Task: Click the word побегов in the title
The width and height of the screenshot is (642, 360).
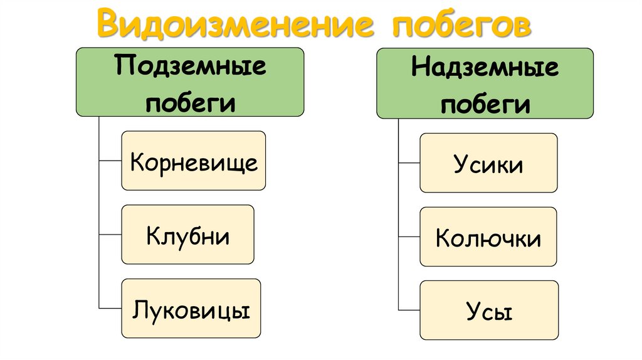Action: point(461,24)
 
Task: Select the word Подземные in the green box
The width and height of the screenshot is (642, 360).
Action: point(190,66)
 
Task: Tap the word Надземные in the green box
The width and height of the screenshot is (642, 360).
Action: point(485,68)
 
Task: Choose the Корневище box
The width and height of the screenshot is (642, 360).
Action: point(193,161)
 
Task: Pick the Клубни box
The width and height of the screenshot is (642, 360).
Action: point(187,235)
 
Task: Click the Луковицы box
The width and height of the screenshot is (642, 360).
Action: point(191,309)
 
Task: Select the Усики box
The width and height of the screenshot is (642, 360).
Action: point(488,162)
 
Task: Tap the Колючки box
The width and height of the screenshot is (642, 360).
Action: point(488,236)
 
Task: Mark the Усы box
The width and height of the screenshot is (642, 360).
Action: point(488,310)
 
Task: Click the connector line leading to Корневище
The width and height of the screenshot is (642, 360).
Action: point(110,161)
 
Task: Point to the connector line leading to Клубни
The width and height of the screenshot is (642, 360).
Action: point(110,235)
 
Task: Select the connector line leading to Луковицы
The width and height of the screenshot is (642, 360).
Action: point(110,309)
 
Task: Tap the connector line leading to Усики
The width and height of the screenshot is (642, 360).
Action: point(409,162)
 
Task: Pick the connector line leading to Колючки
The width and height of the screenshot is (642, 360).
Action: point(409,236)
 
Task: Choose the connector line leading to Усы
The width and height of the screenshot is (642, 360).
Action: point(409,310)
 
